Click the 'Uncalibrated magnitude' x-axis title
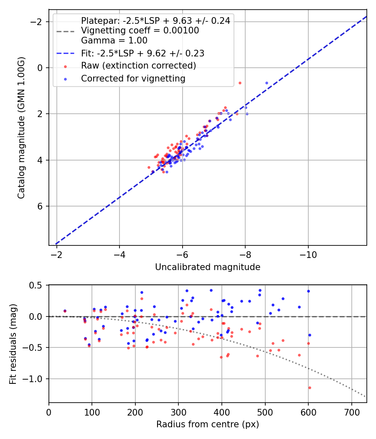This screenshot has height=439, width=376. (x=208, y=267)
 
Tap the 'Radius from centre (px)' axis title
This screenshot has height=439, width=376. (x=208, y=424)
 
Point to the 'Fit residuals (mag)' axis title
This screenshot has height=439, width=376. (x=13, y=344)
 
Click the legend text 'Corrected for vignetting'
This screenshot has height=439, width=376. (x=133, y=78)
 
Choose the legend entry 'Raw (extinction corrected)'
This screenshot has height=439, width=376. (x=138, y=66)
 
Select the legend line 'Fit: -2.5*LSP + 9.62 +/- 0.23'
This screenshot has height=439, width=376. (x=142, y=54)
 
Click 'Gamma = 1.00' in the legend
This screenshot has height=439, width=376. (x=114, y=41)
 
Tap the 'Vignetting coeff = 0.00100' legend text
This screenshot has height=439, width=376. (x=140, y=31)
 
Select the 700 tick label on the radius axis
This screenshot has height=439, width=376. (x=351, y=412)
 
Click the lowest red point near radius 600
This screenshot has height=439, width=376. (x=310, y=388)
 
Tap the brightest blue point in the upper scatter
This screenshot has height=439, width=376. (x=267, y=83)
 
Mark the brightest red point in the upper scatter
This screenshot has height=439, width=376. (x=240, y=83)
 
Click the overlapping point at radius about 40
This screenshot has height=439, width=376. (x=65, y=311)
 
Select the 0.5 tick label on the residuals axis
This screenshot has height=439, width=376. (x=39, y=285)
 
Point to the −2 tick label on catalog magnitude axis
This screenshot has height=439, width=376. (x=39, y=22)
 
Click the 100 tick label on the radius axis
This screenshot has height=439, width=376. (x=92, y=412)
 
